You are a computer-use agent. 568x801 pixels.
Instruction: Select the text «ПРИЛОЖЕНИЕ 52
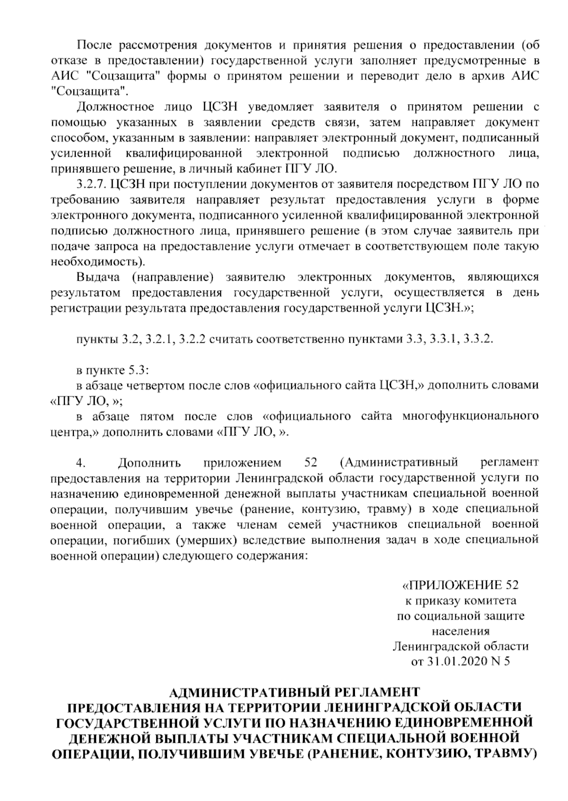460,585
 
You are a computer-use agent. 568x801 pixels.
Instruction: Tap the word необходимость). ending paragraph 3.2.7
98,261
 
